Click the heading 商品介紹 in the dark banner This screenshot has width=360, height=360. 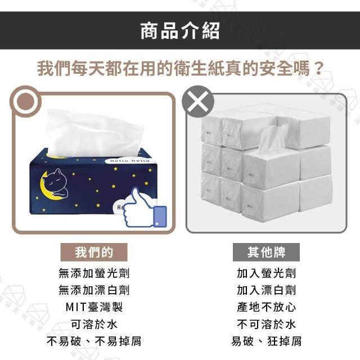(180, 31)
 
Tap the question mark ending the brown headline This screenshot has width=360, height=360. (318, 68)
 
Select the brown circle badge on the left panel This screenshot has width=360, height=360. (25, 101)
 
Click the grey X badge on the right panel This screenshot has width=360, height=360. (197, 101)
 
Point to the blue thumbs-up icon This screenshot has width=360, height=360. (144, 209)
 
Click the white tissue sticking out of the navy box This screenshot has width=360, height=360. (94, 133)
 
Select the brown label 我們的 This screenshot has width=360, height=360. (94, 252)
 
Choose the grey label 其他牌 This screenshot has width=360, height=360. (266, 252)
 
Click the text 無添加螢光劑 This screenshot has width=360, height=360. (94, 273)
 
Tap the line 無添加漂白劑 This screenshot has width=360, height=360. (94, 290)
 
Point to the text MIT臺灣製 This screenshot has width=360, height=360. (94, 307)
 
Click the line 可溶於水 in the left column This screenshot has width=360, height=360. (94, 324)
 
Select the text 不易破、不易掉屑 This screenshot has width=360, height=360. (94, 341)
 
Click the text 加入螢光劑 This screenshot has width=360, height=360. (266, 273)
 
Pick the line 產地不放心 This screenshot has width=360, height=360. (266, 307)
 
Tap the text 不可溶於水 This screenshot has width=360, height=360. (266, 324)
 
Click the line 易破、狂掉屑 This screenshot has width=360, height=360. (266, 341)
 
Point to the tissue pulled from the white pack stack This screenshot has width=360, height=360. (272, 138)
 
